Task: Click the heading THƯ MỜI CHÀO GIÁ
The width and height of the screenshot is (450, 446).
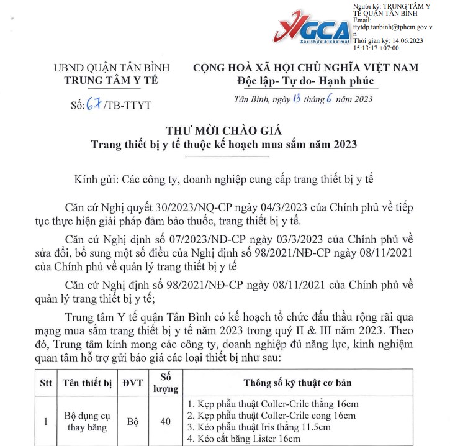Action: point(223,131)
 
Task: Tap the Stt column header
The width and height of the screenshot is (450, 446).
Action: point(45,383)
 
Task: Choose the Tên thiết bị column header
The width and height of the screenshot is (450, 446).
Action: point(87,383)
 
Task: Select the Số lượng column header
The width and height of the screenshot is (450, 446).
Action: point(165,383)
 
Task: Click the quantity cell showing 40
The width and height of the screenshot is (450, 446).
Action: point(165,422)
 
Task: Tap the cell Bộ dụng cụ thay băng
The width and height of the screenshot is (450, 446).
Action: point(87,422)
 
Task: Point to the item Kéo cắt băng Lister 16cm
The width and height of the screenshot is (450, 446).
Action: point(247,439)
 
